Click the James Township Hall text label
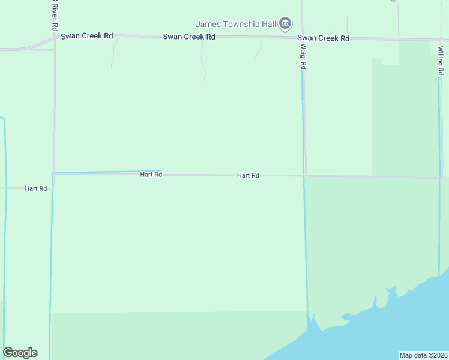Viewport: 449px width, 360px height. pyautogui.click(x=235, y=24)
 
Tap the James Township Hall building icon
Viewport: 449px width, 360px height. pyautogui.click(x=285, y=24)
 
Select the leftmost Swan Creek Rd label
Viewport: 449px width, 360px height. pyautogui.click(x=87, y=36)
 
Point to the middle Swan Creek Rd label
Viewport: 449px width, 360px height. pyautogui.click(x=189, y=37)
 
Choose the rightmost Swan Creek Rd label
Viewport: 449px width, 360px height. pyautogui.click(x=324, y=38)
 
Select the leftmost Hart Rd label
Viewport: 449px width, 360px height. pyautogui.click(x=36, y=188)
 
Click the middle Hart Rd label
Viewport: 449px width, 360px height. pyautogui.click(x=151, y=175)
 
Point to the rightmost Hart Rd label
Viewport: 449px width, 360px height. pyautogui.click(x=248, y=175)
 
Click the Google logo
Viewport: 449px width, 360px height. pyautogui.click(x=20, y=353)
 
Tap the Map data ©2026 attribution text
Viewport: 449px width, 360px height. pyautogui.click(x=423, y=355)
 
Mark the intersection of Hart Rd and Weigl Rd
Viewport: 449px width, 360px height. pyautogui.click(x=304, y=176)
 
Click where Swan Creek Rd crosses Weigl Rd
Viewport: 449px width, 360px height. pyautogui.click(x=303, y=38)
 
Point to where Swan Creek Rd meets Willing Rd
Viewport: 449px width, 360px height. pyautogui.click(x=439, y=40)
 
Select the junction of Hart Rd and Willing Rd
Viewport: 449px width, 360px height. pyautogui.click(x=439, y=178)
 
